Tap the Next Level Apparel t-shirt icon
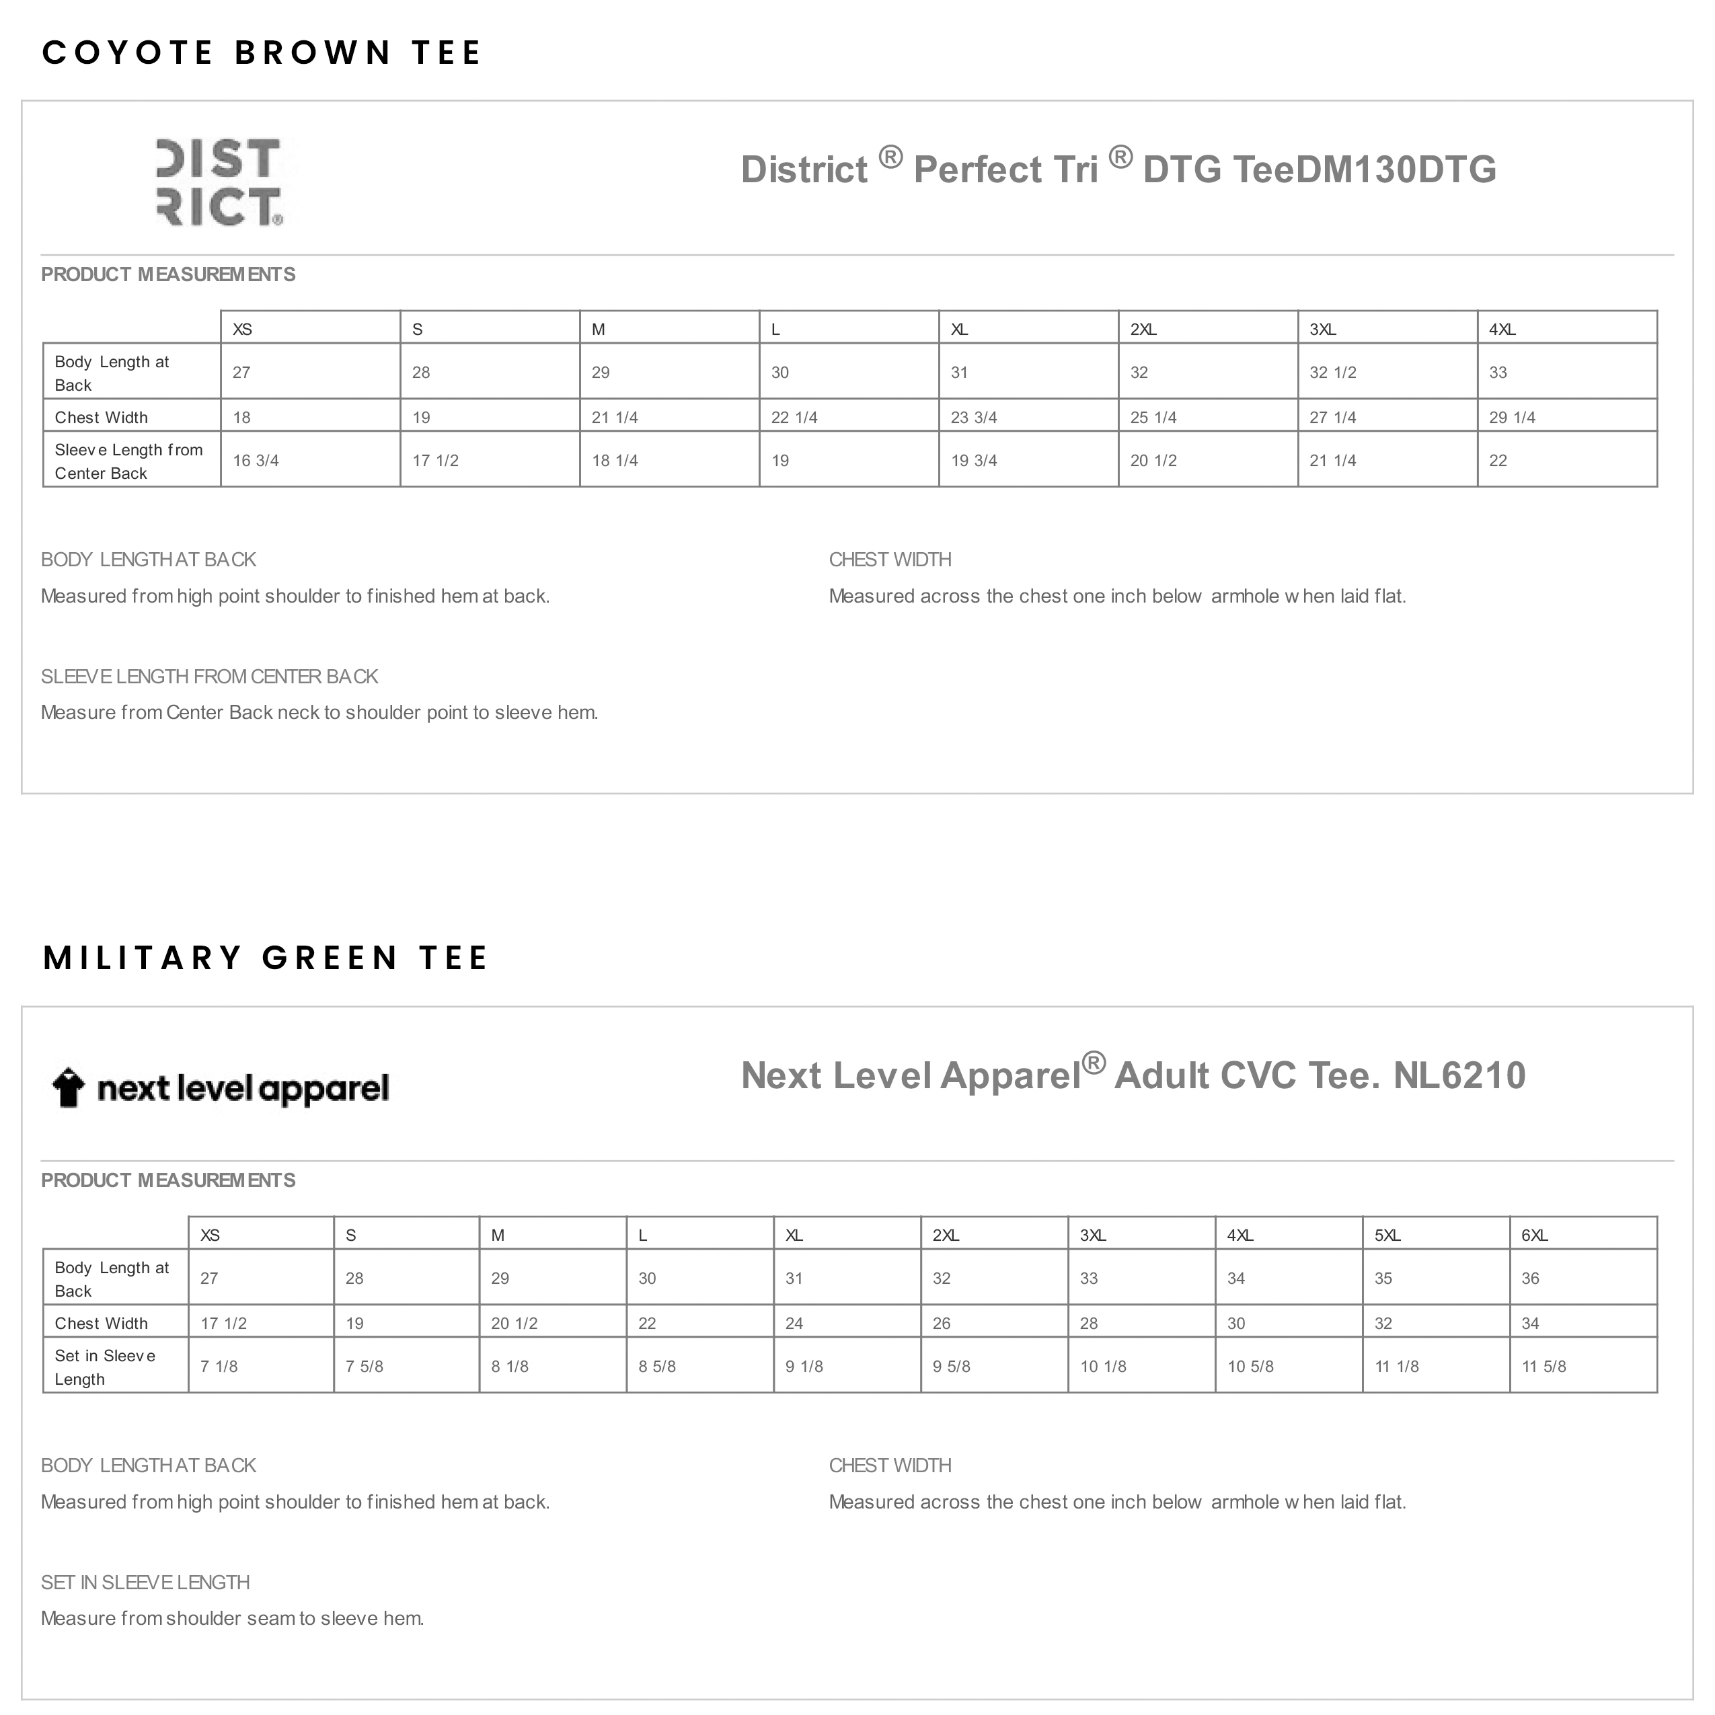[69, 1087]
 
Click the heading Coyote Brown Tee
[261, 53]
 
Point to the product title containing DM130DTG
[1118, 169]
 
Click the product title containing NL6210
[1133, 1075]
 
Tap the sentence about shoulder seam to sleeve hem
[233, 1618]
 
